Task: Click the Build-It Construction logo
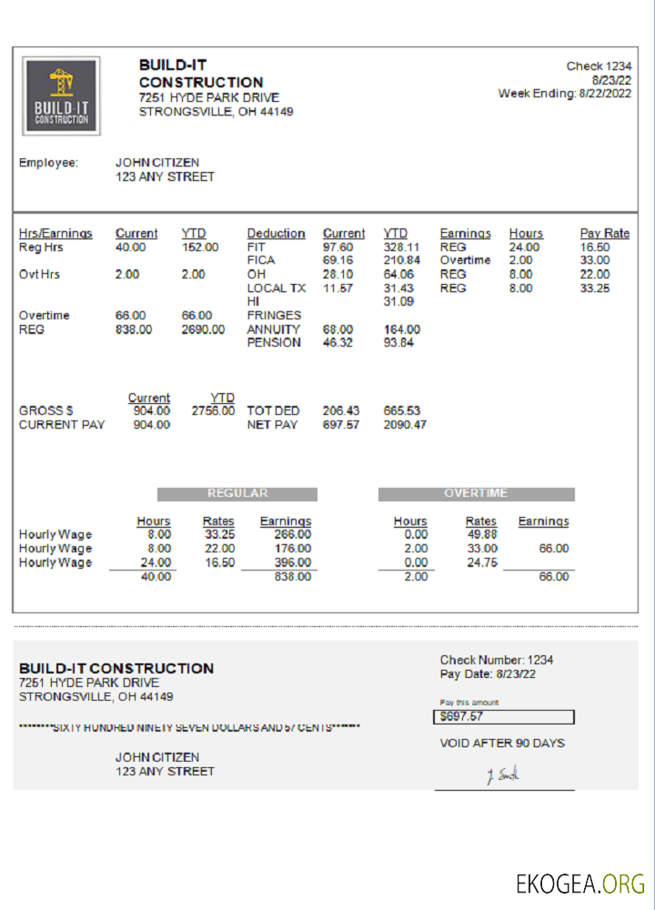[x=61, y=96]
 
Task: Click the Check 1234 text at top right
[x=599, y=66]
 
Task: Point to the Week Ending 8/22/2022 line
[x=565, y=93]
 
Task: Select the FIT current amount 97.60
[x=338, y=248]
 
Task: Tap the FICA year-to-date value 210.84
[x=401, y=261]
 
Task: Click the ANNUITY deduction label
[x=273, y=329]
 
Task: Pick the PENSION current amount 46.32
[x=338, y=343]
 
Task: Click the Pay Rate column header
[x=604, y=234]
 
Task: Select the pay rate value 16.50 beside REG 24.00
[x=595, y=248]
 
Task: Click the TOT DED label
[x=273, y=411]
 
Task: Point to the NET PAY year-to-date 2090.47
[x=405, y=425]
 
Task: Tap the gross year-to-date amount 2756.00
[x=213, y=411]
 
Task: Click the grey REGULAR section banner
[x=237, y=494]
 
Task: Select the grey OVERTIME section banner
[x=476, y=494]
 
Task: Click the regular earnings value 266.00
[x=292, y=535]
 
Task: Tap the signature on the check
[x=503, y=776]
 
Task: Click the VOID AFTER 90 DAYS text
[x=502, y=743]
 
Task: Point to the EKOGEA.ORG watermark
[x=579, y=883]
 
